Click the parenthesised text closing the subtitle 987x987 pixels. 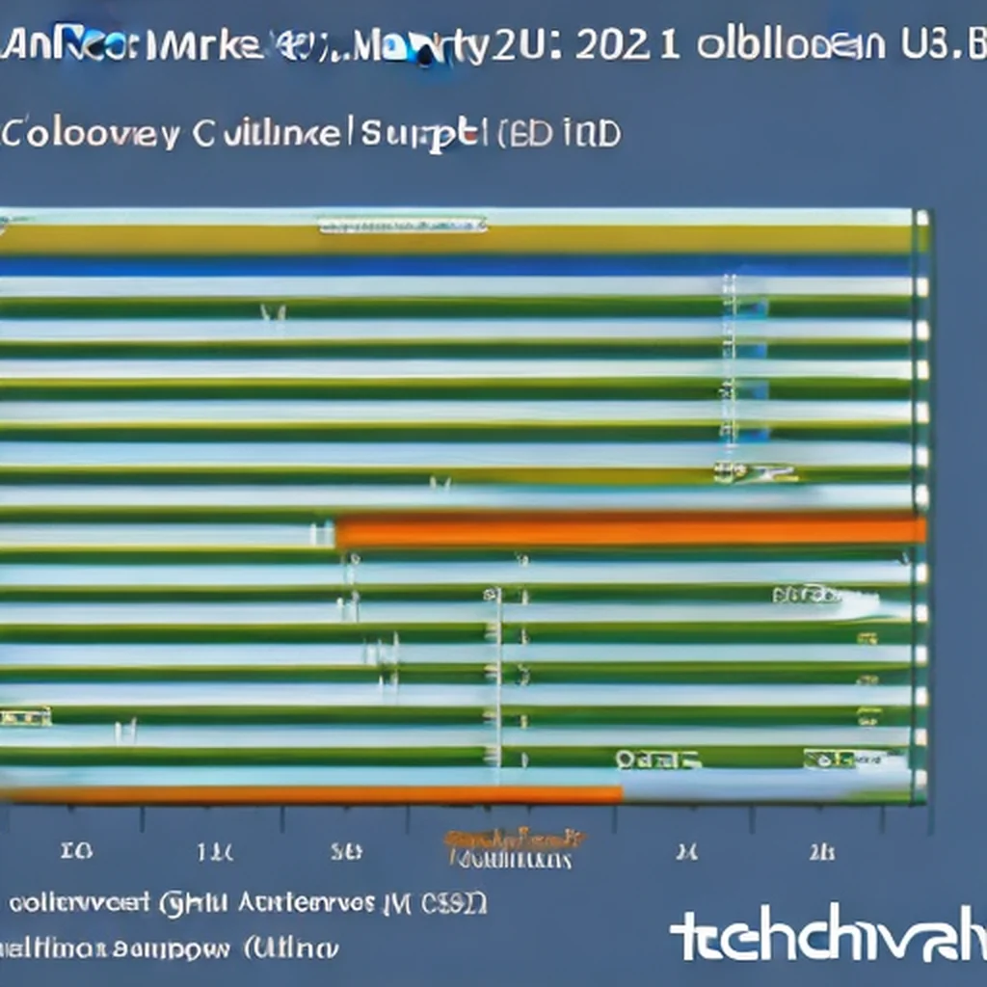[559, 134]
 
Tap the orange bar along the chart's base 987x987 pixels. [318, 795]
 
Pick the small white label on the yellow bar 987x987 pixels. [403, 226]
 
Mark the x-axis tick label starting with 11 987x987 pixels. [214, 852]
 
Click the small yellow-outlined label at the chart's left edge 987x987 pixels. [25, 715]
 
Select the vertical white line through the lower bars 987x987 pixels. [499, 675]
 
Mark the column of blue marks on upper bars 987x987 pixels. [729, 366]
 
